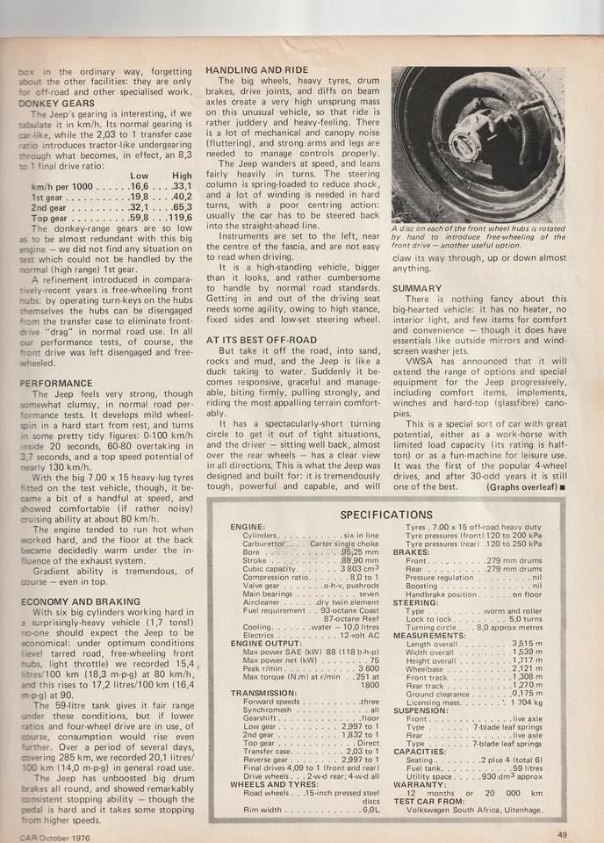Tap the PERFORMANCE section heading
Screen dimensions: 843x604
56,384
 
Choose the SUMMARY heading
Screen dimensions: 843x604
417,288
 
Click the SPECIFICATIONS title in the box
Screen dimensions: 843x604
386,514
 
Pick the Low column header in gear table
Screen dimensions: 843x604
139,176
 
